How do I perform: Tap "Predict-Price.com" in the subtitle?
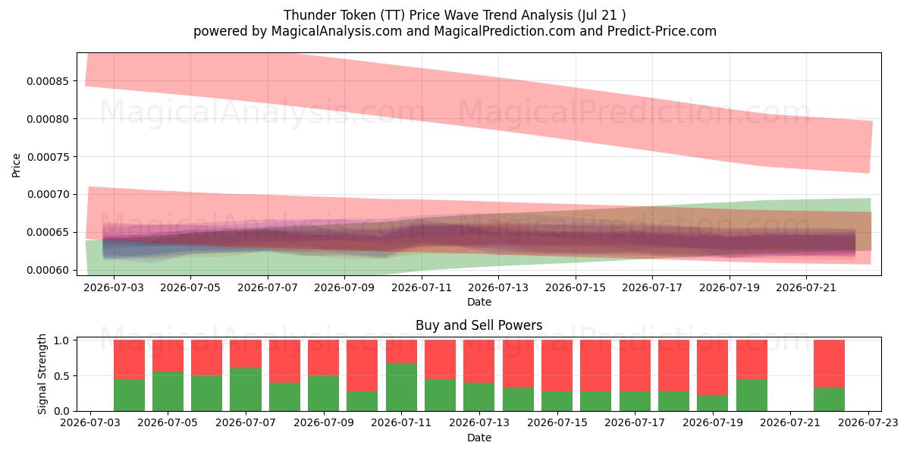coord(662,31)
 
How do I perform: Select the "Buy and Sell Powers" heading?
coord(479,325)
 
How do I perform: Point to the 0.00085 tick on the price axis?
coord(49,81)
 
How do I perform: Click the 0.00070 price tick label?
coord(49,195)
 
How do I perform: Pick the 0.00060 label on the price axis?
coord(49,270)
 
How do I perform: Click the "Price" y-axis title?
coord(16,165)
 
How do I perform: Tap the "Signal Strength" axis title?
coord(42,374)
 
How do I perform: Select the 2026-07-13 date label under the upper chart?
coord(498,287)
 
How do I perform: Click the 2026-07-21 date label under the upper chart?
coord(806,287)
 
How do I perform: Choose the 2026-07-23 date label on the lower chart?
coord(868,422)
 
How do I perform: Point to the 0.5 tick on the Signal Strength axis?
coord(61,376)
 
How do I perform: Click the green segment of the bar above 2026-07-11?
coord(401,388)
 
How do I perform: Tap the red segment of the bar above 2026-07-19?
coord(713,367)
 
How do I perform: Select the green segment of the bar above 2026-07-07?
coord(246,390)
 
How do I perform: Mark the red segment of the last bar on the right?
coord(829,363)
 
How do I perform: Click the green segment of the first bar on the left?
coord(129,395)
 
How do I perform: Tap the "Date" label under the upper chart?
coord(479,303)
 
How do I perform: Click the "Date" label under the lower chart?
coord(479,438)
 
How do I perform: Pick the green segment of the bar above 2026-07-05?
coord(168,391)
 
